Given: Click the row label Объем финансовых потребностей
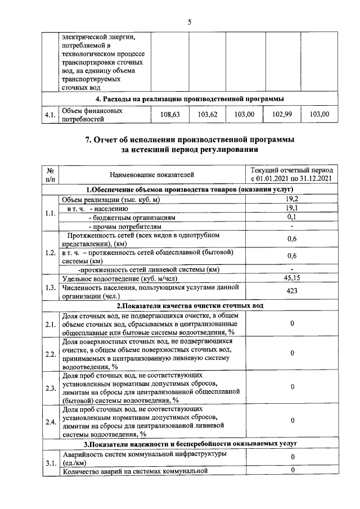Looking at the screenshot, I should [x=92, y=115].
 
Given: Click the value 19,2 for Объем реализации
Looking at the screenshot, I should [x=291, y=199].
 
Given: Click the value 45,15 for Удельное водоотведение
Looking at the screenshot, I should [x=291, y=277].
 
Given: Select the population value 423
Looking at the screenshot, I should [x=291, y=291].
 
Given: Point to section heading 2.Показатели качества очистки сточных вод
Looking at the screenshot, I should [x=189, y=305].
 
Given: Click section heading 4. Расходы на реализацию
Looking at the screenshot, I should [x=189, y=99].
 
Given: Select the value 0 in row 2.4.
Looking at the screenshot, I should [x=291, y=420].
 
